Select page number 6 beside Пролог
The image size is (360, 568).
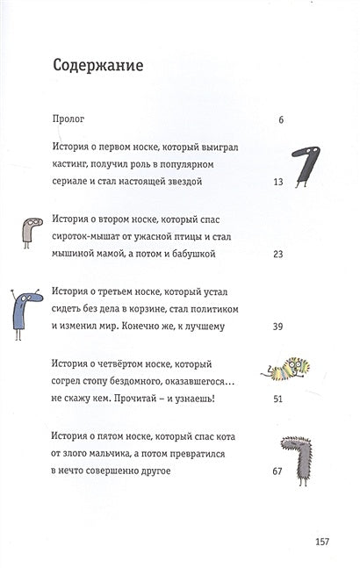(280, 118)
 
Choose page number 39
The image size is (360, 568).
(277, 327)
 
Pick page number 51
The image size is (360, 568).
(277, 399)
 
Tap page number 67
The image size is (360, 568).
(277, 471)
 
